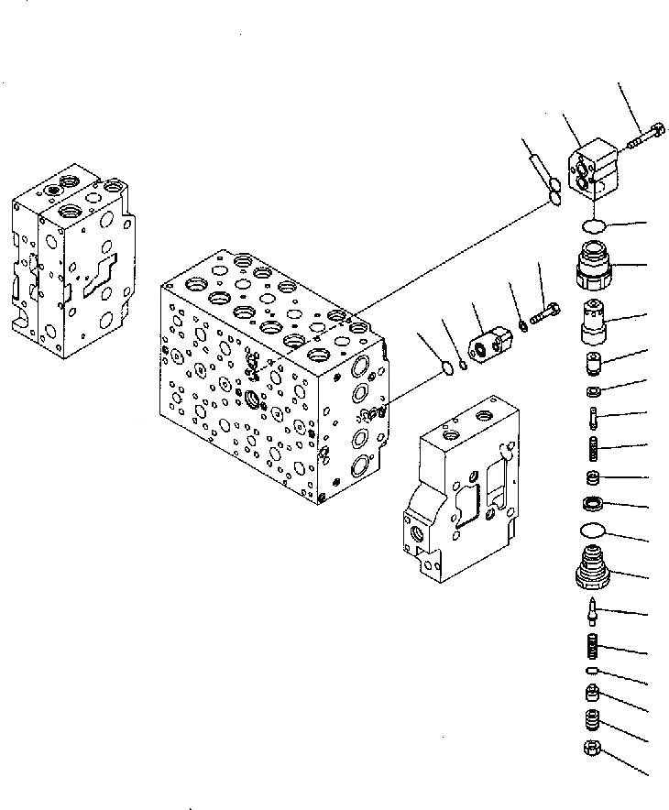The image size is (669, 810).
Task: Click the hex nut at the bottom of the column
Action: tap(591, 749)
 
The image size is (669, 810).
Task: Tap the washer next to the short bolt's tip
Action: tap(521, 324)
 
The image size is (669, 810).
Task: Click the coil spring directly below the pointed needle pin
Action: tap(593, 648)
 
